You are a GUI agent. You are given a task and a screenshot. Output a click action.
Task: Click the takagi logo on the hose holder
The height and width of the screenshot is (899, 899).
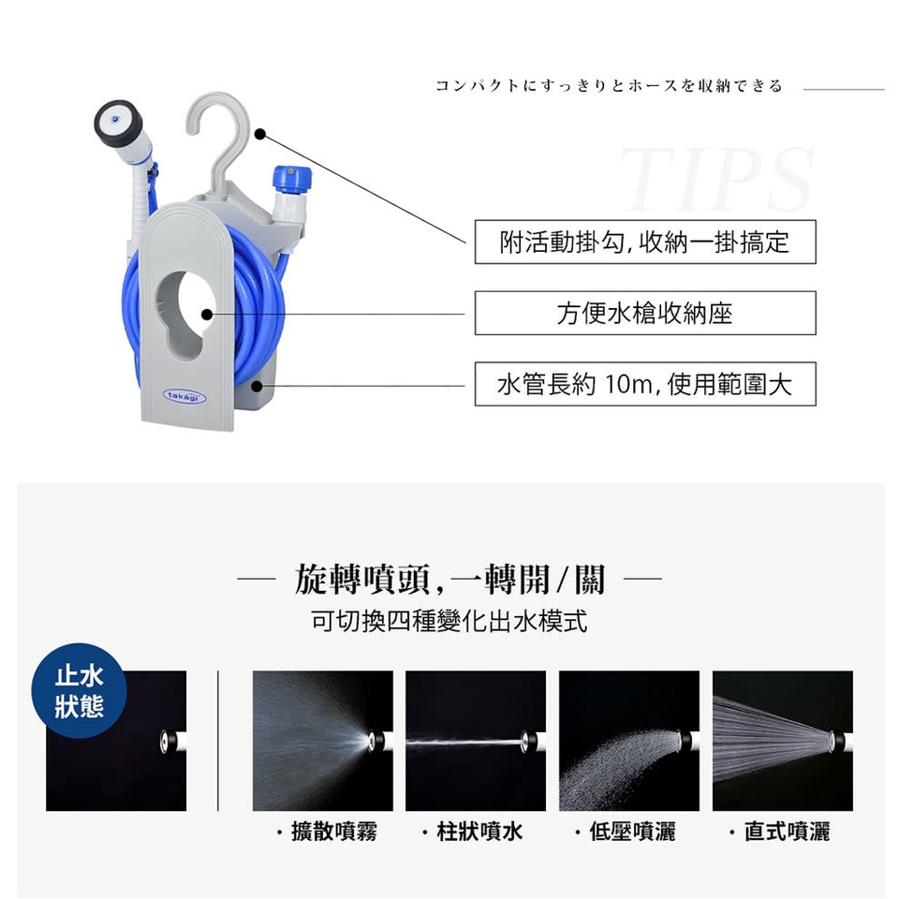[184, 395]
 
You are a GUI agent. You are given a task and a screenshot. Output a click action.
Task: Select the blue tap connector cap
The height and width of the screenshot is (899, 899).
[292, 181]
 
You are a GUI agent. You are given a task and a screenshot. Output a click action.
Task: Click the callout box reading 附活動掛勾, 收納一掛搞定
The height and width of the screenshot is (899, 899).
[645, 242]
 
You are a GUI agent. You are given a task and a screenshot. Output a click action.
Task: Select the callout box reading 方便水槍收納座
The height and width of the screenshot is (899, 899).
[645, 313]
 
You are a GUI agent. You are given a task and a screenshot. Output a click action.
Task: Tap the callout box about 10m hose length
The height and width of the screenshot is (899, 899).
[645, 384]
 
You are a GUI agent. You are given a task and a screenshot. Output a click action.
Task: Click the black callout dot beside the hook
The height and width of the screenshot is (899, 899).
[259, 134]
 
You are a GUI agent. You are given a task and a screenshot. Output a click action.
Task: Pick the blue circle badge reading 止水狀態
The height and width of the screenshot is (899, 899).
[79, 690]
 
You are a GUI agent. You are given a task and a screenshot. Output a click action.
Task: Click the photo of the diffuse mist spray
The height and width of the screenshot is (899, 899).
[323, 741]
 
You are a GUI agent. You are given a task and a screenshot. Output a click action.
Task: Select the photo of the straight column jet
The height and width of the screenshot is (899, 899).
[476, 741]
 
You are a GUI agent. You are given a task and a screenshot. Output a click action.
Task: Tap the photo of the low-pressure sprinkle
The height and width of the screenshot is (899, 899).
[629, 741]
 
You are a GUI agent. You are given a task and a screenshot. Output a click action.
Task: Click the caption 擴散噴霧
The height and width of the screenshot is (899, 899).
[333, 832]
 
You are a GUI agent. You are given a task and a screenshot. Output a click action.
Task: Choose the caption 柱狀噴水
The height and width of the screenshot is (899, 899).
[479, 832]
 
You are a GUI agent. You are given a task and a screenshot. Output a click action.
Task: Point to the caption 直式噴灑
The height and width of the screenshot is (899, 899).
[787, 832]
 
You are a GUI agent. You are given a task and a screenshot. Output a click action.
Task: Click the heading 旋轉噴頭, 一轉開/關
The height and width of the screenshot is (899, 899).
[450, 579]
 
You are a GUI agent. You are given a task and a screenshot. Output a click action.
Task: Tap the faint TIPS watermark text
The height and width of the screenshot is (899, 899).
[716, 179]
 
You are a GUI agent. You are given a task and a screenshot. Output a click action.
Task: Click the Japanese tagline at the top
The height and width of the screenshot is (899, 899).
[609, 86]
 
